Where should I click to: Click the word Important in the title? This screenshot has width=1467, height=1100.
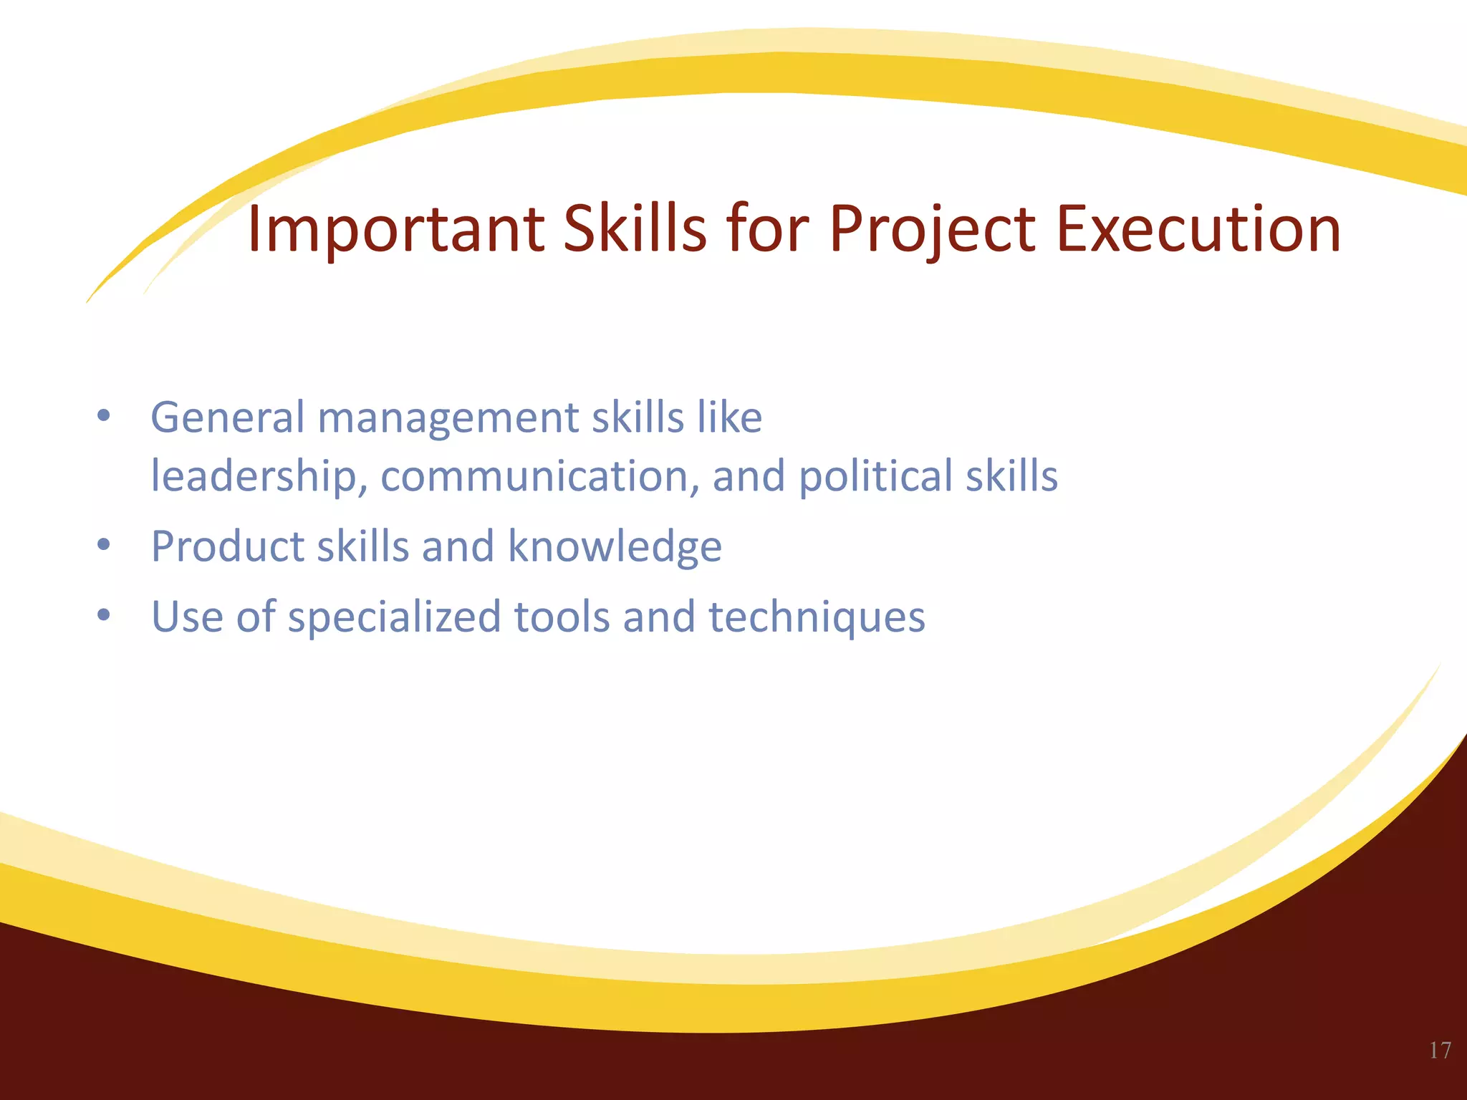point(395,230)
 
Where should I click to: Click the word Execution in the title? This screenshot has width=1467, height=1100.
point(1198,230)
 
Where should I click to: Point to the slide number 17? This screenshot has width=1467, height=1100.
point(1440,1051)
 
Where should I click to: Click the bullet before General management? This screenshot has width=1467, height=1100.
point(104,416)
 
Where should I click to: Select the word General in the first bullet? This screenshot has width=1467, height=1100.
point(227,418)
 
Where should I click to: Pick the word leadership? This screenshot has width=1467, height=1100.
point(253,476)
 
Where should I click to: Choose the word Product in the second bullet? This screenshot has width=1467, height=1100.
point(227,546)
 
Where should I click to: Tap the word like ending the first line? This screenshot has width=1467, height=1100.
point(730,418)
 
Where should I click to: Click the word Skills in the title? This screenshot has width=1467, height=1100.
point(635,230)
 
